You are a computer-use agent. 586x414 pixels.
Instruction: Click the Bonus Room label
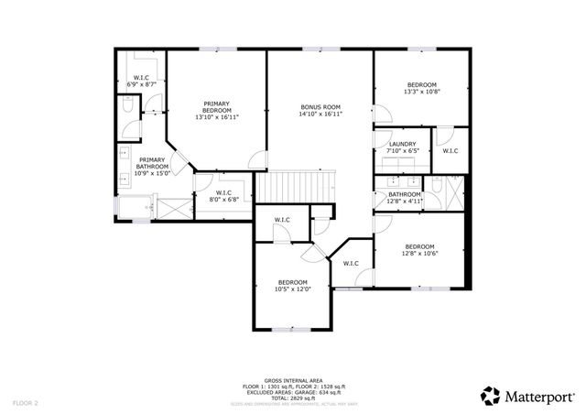point(320,111)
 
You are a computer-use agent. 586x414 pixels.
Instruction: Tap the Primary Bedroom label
point(217,111)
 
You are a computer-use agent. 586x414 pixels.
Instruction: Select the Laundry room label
point(403,147)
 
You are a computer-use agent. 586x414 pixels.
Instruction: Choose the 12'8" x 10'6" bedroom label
point(419,250)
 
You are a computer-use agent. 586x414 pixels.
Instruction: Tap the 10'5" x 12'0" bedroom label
point(293,286)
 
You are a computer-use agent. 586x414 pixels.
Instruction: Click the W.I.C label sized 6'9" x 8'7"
point(142,81)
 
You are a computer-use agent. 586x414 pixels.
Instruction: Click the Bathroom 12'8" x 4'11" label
point(404,198)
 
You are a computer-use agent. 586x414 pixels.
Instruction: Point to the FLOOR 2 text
point(25,402)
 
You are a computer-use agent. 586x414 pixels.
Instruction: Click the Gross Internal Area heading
point(293,379)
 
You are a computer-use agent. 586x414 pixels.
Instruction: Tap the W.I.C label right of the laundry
point(450,151)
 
